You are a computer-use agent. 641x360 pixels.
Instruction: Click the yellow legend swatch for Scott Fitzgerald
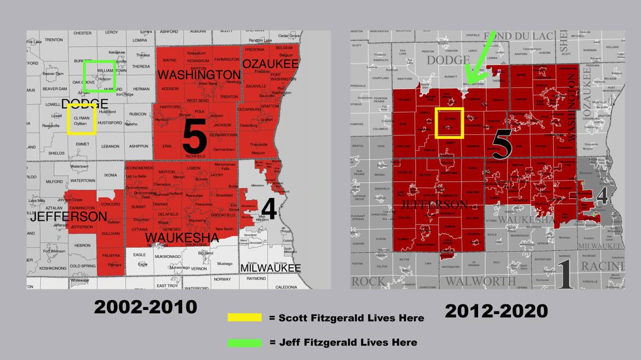[245, 317]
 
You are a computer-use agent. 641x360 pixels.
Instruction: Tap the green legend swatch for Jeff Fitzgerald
[245, 342]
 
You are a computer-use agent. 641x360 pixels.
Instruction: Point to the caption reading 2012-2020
[497, 309]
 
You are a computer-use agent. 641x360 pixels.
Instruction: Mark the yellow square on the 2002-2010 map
[82, 119]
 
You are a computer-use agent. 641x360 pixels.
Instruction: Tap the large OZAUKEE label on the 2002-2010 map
[270, 64]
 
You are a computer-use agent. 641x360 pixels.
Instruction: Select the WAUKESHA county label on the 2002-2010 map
[182, 237]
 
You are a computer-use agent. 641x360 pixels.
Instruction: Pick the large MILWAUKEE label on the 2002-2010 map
[271, 268]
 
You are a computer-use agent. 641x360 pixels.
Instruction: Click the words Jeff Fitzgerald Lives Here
[343, 342]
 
